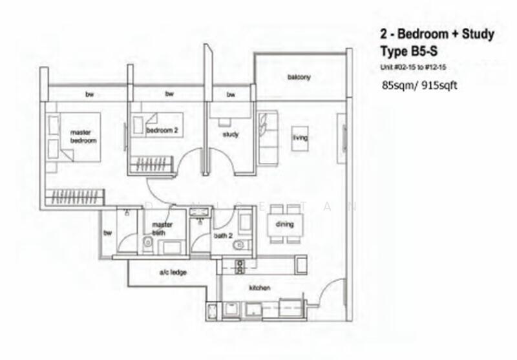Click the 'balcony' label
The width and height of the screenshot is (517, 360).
(x=299, y=78)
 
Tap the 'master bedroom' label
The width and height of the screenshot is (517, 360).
(x=83, y=136)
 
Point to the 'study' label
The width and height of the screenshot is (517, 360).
(x=231, y=134)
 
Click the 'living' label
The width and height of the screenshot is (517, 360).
(x=300, y=138)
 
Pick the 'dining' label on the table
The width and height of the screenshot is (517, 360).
(x=284, y=224)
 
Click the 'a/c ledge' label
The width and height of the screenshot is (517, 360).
(x=173, y=273)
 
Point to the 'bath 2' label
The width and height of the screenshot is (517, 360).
(x=223, y=236)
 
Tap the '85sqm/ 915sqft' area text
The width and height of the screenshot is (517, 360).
(x=419, y=85)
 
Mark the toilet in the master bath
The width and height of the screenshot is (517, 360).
(x=148, y=243)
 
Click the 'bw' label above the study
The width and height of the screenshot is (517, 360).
(x=231, y=95)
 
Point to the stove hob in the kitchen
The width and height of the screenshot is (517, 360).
(x=240, y=265)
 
